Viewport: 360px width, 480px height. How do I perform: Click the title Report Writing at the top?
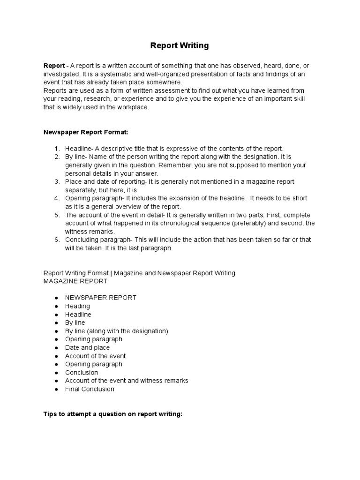[180, 45]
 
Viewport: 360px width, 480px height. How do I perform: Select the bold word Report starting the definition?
[54, 65]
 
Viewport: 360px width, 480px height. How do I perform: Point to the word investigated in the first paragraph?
[61, 74]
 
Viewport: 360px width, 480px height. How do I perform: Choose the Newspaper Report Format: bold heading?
[86, 132]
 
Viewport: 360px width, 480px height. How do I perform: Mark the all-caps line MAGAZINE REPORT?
[75, 281]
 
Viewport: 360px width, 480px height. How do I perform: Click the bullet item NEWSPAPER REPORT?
[101, 298]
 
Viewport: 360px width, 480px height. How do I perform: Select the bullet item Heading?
[77, 306]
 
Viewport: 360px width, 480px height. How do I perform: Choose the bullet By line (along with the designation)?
[116, 331]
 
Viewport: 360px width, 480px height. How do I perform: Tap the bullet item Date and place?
[87, 348]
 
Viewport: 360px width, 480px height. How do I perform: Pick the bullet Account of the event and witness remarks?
[127, 381]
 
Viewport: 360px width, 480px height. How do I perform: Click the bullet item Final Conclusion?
[90, 389]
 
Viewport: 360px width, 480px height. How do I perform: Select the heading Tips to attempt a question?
[112, 415]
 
